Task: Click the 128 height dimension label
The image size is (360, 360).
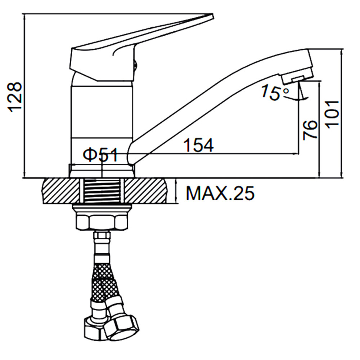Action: [15, 97]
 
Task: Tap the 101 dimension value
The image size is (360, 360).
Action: [332, 114]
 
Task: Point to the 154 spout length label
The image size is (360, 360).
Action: [199, 145]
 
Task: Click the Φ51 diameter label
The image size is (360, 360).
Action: [100, 155]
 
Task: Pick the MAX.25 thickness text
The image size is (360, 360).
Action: [220, 193]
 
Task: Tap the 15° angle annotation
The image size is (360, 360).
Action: [275, 92]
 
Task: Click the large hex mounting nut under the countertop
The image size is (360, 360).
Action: [102, 222]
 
